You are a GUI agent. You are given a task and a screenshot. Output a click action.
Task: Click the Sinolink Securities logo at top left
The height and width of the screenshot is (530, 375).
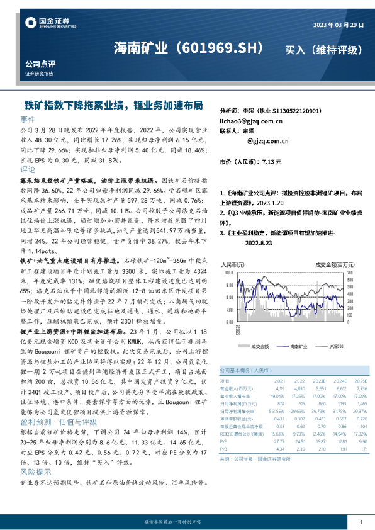50,24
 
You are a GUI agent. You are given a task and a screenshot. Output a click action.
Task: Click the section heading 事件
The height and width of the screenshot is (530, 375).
28,118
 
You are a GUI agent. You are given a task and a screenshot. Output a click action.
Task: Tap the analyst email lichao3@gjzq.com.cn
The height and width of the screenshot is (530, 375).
250,120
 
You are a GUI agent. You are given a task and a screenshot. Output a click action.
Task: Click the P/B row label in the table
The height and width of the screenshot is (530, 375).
223,449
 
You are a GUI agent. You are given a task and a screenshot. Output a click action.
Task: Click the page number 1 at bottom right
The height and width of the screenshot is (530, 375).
360,522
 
